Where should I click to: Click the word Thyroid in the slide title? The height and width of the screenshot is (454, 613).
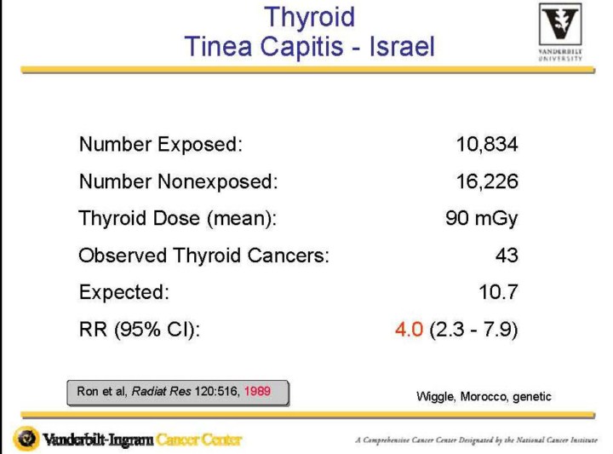click(310, 17)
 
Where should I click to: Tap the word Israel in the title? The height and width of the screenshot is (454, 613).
click(402, 47)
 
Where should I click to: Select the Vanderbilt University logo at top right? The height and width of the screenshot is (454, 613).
click(560, 32)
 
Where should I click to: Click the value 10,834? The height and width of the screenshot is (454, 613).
click(487, 144)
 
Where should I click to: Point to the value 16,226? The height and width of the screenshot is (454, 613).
click(487, 181)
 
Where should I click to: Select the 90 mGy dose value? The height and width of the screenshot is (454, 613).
click(482, 218)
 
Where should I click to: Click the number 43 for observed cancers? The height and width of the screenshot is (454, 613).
click(507, 256)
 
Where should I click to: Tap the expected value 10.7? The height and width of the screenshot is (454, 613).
click(498, 292)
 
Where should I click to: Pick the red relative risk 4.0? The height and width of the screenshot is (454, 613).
click(409, 330)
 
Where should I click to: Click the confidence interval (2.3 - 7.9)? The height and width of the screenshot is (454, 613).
click(474, 330)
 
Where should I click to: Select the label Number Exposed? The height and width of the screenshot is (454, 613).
click(161, 144)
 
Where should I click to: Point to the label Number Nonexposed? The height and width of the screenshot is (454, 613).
click(178, 181)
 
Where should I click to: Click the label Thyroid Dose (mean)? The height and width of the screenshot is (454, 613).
click(177, 218)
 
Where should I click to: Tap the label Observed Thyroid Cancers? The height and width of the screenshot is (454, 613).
click(203, 256)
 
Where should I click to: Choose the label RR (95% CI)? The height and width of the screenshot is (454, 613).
click(140, 330)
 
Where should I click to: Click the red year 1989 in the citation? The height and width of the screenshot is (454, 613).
click(257, 391)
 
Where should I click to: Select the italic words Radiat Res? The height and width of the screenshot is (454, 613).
click(162, 391)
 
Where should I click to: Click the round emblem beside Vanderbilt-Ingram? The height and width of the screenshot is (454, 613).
click(26, 439)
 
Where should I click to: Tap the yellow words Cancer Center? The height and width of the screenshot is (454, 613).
click(199, 440)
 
